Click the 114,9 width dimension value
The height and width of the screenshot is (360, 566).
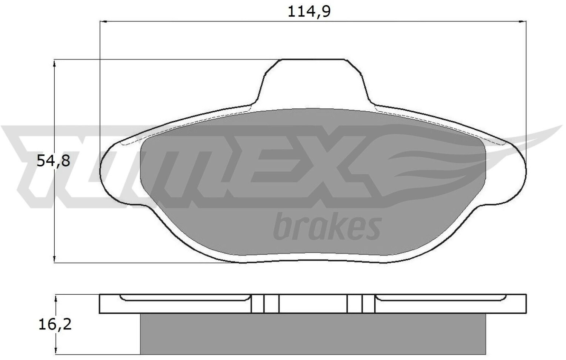(x=309, y=12)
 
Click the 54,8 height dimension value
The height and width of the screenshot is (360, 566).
(x=53, y=161)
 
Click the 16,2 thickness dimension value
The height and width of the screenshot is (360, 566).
(x=55, y=325)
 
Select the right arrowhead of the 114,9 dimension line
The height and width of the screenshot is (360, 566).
(x=522, y=22)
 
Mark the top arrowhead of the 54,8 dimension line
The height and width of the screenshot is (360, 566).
(x=54, y=63)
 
